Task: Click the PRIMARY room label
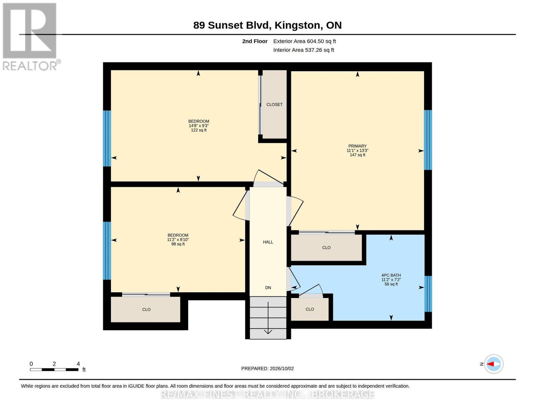(x=357, y=146)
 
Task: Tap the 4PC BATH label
(x=391, y=275)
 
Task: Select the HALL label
(x=268, y=242)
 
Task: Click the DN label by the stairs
(x=268, y=287)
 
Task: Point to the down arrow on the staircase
(x=268, y=318)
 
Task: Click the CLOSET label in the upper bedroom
(x=274, y=105)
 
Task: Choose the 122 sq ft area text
(x=199, y=130)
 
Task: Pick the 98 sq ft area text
(x=178, y=244)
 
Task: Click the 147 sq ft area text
(x=357, y=155)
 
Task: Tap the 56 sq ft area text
(x=391, y=284)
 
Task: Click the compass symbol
(x=493, y=364)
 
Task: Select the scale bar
(x=54, y=369)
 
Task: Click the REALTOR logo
(x=31, y=37)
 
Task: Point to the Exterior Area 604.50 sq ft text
(x=305, y=41)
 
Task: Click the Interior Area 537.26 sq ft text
(x=303, y=50)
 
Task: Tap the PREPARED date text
(x=267, y=369)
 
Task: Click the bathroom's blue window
(x=428, y=294)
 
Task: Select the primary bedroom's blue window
(x=428, y=140)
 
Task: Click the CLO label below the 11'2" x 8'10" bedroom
(x=146, y=309)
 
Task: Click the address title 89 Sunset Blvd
(x=232, y=25)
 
